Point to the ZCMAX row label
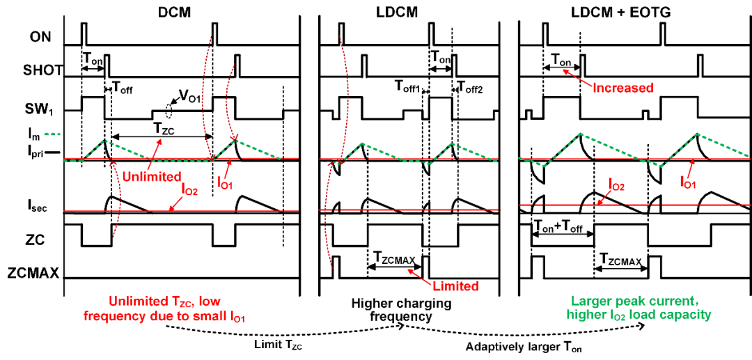click(42, 275)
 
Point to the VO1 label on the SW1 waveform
click(188, 100)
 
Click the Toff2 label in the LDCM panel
click(470, 88)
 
